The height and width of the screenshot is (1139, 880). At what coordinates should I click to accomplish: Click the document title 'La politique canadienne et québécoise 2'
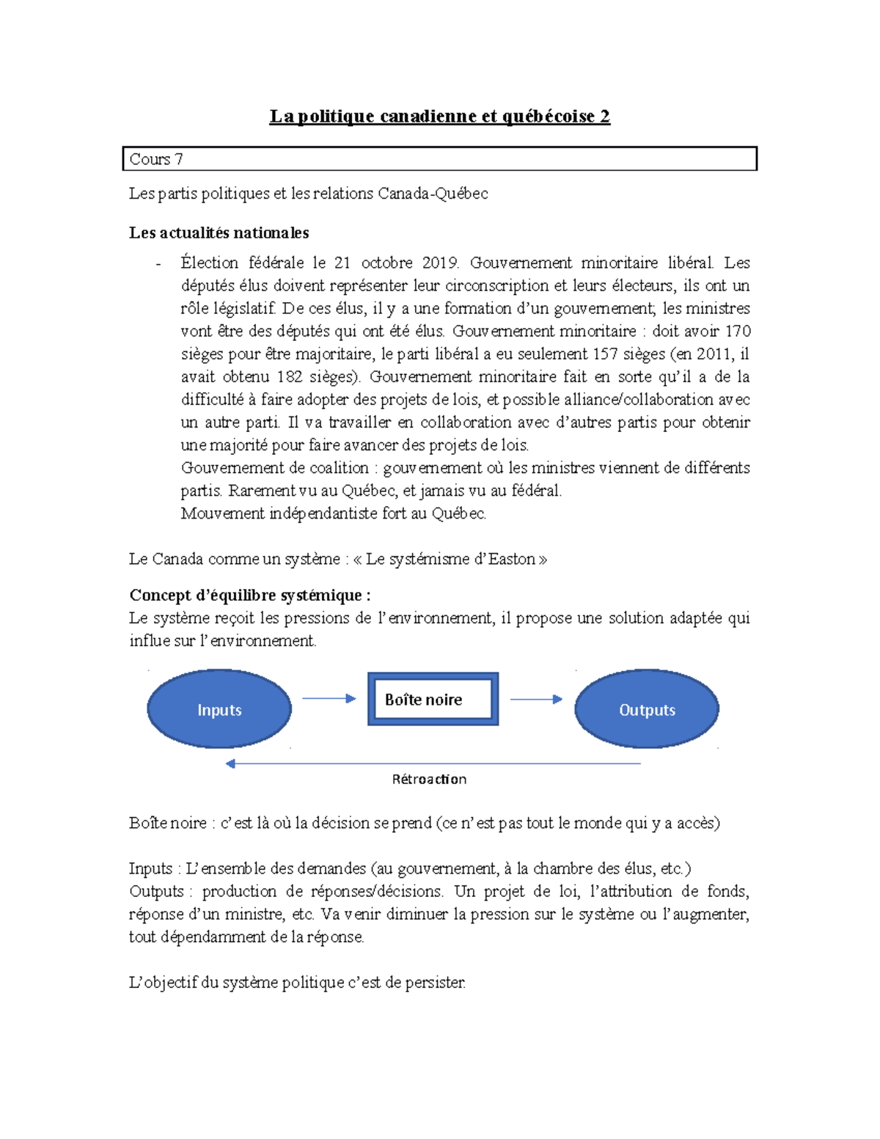coord(439,117)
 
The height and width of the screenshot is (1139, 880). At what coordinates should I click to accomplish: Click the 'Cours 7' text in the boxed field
coord(155,159)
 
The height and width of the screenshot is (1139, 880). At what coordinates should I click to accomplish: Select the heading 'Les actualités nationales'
coord(219,233)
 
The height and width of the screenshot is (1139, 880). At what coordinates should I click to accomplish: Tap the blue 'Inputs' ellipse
coord(219,709)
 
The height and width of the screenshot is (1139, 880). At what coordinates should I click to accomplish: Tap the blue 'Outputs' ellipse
coord(646,709)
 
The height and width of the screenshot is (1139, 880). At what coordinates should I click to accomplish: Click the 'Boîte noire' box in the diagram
coord(433,700)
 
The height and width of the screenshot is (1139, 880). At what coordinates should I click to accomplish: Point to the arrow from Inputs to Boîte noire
coord(329,699)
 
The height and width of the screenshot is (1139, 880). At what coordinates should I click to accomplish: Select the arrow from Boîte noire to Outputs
coord(536,700)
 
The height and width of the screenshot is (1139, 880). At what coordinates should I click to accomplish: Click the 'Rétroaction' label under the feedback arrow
coord(429,780)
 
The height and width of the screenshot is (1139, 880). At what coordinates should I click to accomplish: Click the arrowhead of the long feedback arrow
coord(230,763)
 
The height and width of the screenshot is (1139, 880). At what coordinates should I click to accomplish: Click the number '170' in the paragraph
coord(737,332)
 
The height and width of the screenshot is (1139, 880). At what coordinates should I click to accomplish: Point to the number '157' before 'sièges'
coord(605,354)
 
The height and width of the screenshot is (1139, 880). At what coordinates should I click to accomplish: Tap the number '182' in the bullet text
coord(289,377)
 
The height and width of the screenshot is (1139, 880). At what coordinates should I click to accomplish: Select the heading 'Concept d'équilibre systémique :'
coord(249,595)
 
